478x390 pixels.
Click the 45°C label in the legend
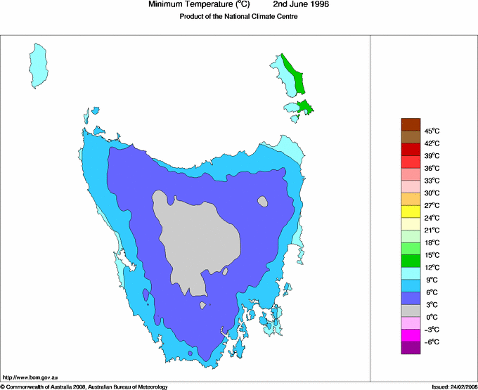pos(432,131)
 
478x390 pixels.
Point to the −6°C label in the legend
pos(432,342)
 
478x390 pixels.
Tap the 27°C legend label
pos(432,205)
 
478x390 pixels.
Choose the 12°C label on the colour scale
pos(432,267)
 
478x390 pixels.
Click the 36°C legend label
pos(432,168)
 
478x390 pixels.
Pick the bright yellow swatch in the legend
pos(411,212)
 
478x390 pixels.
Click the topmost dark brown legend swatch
pos(411,124)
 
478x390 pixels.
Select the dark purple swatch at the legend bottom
pos(411,347)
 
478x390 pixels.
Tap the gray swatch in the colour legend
pos(411,311)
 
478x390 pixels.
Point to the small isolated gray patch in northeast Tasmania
pos(263,202)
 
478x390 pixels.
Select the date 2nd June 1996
pos(302,5)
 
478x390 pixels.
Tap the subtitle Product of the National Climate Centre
pos(238,17)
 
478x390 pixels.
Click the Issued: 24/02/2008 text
pos(454,386)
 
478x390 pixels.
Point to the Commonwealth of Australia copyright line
pos(84,386)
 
